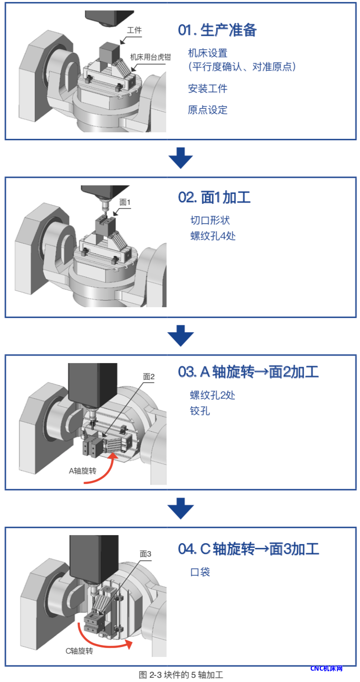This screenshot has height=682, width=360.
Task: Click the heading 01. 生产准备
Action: point(217,30)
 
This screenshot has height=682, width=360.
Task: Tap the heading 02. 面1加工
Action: point(214,197)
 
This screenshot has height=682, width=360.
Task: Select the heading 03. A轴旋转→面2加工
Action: point(248,372)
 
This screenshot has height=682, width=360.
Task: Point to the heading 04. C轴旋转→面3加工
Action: point(249,549)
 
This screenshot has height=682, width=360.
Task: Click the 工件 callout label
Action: point(134,30)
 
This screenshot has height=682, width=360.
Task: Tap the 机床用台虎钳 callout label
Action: point(150,57)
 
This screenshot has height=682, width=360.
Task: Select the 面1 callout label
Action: point(125,202)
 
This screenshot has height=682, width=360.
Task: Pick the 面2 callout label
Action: point(149,377)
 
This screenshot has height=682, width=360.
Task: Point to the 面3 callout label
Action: point(145,554)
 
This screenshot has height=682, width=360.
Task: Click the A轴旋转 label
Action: point(82,471)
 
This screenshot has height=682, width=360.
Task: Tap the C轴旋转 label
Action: point(80,651)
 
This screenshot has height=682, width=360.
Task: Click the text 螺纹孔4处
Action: point(213,236)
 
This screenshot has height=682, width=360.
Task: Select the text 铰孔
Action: point(200,411)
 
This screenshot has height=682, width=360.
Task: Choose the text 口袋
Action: point(200,572)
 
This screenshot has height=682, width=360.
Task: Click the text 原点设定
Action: point(207,110)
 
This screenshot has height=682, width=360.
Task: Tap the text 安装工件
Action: point(207,89)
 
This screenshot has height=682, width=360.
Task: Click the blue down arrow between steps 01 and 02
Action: point(180,158)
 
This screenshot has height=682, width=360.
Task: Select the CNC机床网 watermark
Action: point(326,668)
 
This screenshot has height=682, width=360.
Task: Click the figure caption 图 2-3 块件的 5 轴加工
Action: point(181,675)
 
